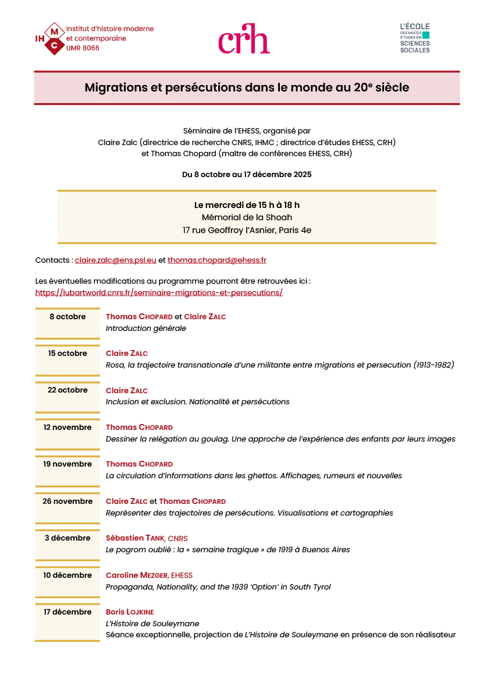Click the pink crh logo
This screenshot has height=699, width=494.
[x=244, y=39]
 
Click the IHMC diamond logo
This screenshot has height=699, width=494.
[x=54, y=38]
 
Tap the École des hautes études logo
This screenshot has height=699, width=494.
[x=415, y=38]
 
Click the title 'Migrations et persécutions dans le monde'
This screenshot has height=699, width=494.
[x=247, y=88]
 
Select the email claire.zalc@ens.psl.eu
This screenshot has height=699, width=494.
[x=116, y=260]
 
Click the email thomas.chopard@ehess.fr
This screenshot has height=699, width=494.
[x=217, y=260]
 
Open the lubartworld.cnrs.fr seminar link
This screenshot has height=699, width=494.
[x=159, y=293]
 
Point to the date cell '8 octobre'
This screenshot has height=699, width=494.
[x=67, y=317]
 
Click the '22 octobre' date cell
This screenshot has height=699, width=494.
[x=67, y=390]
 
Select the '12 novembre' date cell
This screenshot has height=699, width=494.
[x=67, y=428]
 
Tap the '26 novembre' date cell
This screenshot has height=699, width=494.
[x=67, y=502]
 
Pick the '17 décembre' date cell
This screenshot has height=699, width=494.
[x=67, y=612]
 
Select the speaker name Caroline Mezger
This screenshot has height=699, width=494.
[x=137, y=576]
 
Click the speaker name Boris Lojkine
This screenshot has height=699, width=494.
[x=130, y=612]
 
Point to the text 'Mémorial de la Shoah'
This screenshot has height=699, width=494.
[x=247, y=218]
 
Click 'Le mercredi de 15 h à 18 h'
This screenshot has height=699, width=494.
[x=247, y=205]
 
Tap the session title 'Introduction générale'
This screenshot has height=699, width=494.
[x=146, y=329]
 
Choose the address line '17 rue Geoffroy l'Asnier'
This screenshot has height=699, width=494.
[x=247, y=231]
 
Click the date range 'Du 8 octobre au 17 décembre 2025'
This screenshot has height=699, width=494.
[x=247, y=175]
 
